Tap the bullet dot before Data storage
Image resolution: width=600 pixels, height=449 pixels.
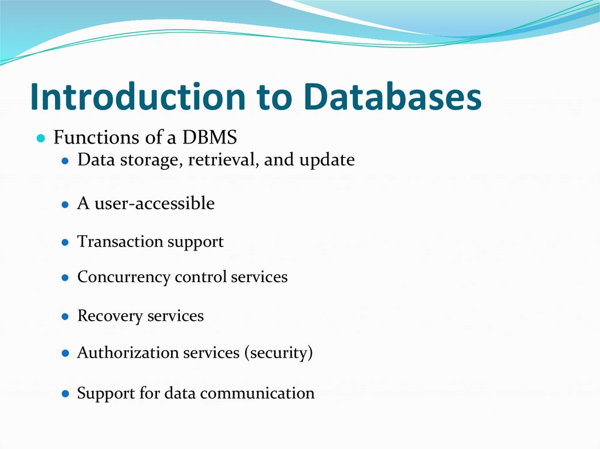coord(66,161)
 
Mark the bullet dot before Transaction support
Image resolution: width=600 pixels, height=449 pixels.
coord(66,242)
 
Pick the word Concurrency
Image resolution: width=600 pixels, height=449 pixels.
coord(124,277)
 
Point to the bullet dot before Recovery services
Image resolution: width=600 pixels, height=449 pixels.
coord(66,317)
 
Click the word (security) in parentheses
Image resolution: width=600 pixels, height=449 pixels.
coord(278,353)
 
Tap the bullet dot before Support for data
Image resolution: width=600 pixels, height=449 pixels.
coord(66,394)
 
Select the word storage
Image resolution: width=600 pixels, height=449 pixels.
coord(143,160)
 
